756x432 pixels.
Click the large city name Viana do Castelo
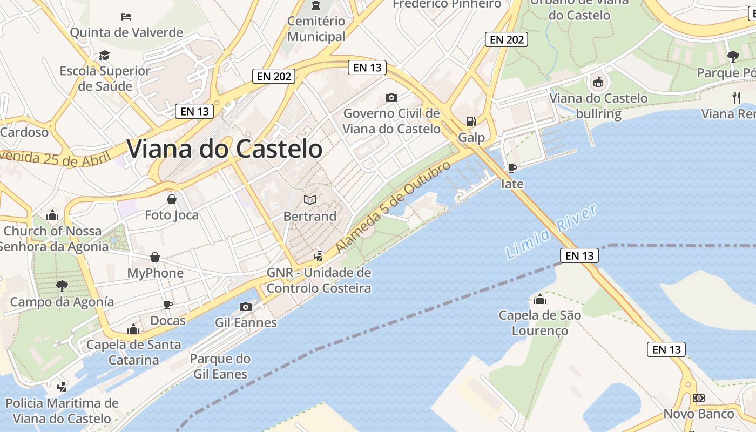[x=224, y=149]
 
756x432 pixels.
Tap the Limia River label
[x=551, y=231]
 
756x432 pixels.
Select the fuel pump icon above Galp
[x=471, y=122]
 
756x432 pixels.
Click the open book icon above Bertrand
[x=310, y=200]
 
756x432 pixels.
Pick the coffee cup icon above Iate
[x=512, y=168]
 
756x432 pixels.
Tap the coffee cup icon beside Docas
[x=168, y=305]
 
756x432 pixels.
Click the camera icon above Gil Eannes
[x=246, y=307]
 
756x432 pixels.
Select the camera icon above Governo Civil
[x=391, y=97]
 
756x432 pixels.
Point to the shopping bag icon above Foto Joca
[x=172, y=199]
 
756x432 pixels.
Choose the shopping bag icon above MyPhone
[x=155, y=257]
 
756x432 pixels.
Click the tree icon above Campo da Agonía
[x=62, y=286]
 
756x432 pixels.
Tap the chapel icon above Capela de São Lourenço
[x=539, y=299]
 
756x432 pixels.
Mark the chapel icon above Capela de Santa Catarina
[x=133, y=328]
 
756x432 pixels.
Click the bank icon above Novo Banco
[x=699, y=398]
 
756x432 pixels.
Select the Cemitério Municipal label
[x=316, y=29]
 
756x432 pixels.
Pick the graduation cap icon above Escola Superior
[x=104, y=55]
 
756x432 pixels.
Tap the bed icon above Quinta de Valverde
[x=126, y=16]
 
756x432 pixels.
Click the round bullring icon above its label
[x=598, y=82]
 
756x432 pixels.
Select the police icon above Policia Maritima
[x=62, y=387]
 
